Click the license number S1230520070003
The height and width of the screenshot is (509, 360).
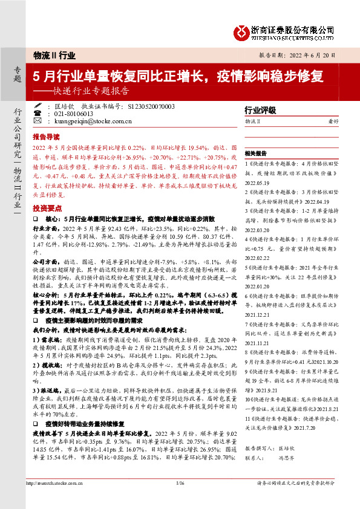[151, 106]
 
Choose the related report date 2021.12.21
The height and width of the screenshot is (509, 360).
[257, 314]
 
